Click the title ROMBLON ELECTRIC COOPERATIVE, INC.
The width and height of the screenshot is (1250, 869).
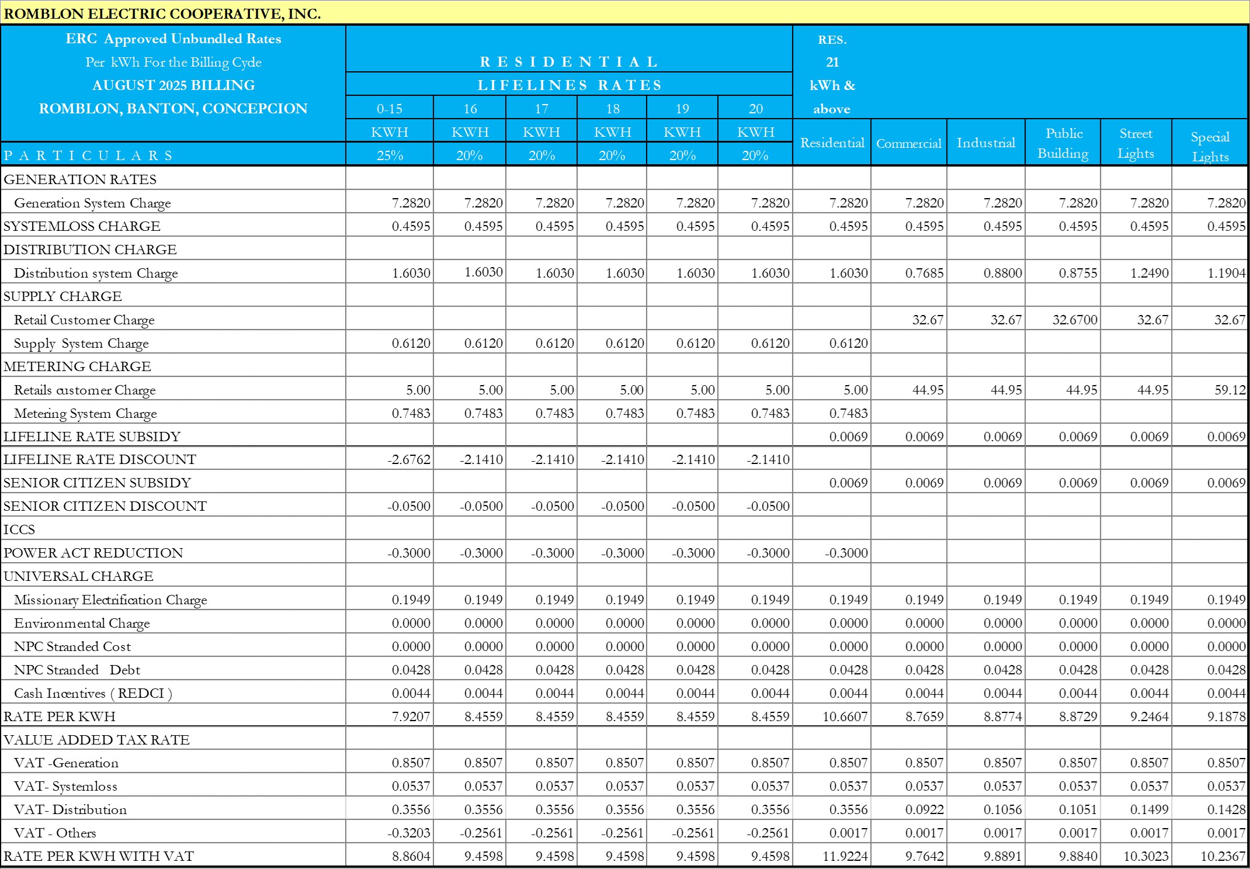(x=162, y=13)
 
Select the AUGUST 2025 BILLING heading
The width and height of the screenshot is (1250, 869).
(x=173, y=85)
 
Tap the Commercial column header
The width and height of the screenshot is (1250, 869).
(x=908, y=143)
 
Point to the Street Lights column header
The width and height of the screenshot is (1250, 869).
(x=1136, y=143)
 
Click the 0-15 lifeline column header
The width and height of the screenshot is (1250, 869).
(x=390, y=109)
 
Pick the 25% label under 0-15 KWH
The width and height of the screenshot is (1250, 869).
(x=390, y=155)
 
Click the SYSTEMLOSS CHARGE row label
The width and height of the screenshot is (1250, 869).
(x=82, y=226)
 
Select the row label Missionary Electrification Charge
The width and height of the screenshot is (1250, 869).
(x=110, y=600)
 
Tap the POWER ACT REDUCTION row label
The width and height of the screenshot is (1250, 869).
(x=93, y=553)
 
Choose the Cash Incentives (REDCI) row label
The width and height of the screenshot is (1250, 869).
(x=93, y=693)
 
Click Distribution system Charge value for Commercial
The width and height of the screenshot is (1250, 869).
(x=924, y=273)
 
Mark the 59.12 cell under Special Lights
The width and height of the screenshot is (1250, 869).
(x=1230, y=390)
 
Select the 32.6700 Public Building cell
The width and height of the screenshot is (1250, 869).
(x=1075, y=320)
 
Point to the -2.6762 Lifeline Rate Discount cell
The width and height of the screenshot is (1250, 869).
(x=409, y=459)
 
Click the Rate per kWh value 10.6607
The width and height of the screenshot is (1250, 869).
(x=845, y=716)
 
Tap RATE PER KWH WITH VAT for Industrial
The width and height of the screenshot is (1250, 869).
(x=1002, y=856)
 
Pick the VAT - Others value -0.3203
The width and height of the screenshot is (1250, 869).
(x=409, y=833)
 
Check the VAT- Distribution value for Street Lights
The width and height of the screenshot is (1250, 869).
(x=1149, y=809)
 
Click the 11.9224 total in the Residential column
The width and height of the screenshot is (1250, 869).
(x=845, y=856)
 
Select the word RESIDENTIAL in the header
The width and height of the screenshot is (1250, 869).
(x=569, y=62)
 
